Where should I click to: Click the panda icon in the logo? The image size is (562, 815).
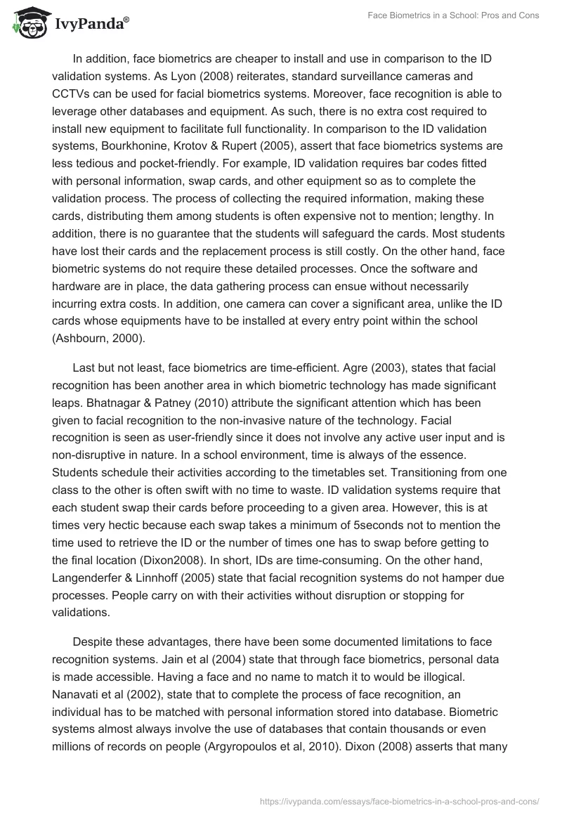point(26,22)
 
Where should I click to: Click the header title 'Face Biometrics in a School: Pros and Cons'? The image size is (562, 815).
point(453,15)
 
